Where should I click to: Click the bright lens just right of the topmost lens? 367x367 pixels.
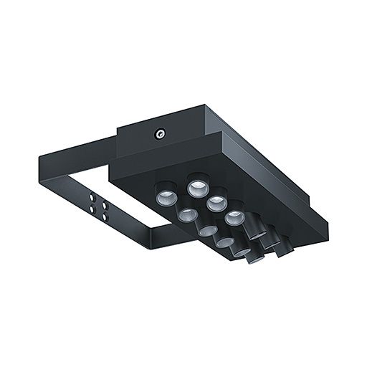[216, 204]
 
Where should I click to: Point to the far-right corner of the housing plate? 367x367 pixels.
[328, 232]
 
